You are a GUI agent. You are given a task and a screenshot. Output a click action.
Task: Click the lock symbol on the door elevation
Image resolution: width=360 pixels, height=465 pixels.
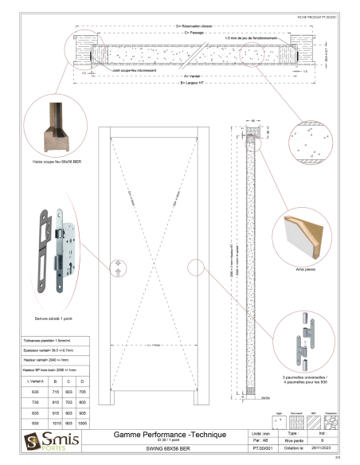117,264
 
